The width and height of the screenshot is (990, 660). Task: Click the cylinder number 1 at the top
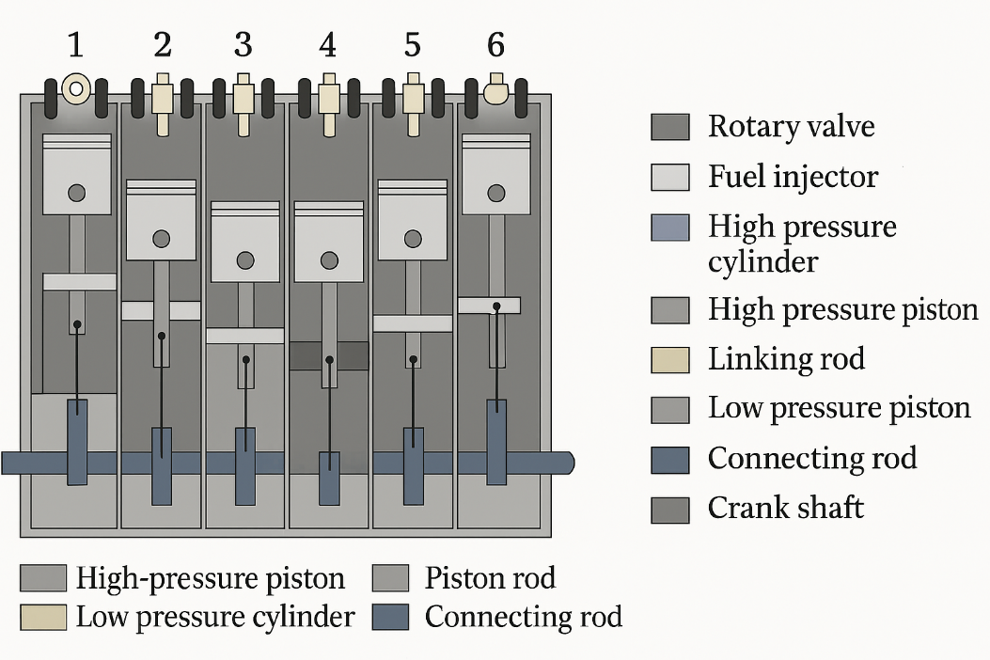click(75, 44)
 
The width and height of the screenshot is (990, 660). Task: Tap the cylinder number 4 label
click(327, 44)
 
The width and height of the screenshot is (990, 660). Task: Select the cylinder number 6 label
click(495, 44)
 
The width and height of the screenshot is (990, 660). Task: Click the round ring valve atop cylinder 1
click(75, 89)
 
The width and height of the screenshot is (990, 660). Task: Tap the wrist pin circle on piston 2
click(161, 239)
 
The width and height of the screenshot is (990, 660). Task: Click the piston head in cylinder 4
click(329, 242)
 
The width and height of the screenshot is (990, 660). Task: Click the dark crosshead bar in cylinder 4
click(329, 355)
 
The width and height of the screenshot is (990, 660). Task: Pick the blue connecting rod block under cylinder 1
click(77, 442)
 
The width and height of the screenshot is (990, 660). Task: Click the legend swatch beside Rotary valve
click(670, 127)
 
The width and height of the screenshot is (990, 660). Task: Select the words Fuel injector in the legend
click(793, 177)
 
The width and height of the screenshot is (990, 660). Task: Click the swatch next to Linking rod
click(670, 360)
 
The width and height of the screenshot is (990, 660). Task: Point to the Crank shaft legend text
click(785, 509)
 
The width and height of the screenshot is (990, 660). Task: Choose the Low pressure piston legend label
click(839, 408)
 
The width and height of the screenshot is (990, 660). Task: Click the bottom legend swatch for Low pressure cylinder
click(43, 617)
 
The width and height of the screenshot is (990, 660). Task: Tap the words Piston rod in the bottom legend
click(490, 577)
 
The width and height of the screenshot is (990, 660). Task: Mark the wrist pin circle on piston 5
click(413, 238)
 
